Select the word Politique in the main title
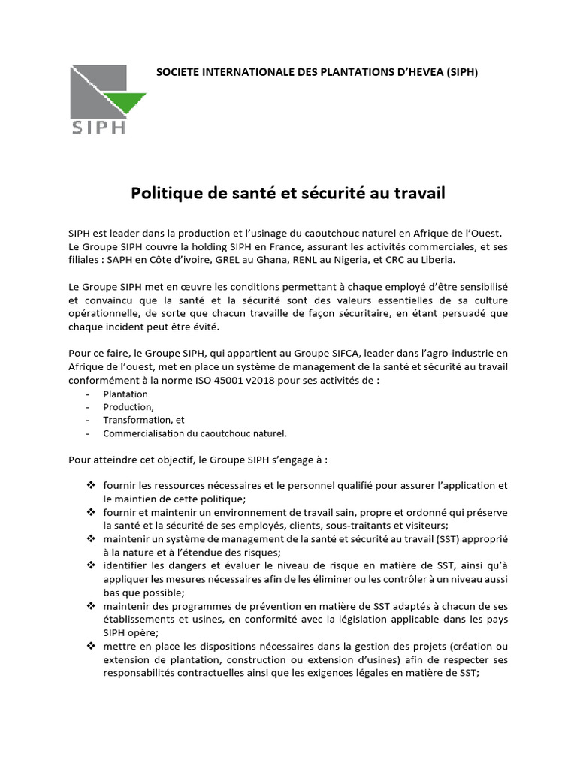coord(168,193)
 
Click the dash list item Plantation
coord(125,394)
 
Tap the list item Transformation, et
coord(143,420)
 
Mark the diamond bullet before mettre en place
coord(91,646)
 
